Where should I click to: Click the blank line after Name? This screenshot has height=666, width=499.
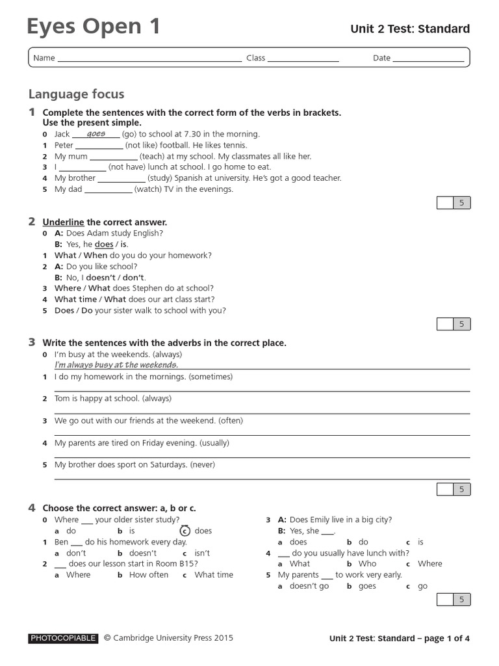149,59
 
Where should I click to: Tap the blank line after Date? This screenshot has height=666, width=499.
428,59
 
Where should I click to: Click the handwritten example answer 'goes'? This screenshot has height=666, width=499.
96,133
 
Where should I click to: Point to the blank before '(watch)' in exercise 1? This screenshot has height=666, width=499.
108,191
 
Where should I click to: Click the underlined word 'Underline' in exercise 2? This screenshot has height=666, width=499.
63,222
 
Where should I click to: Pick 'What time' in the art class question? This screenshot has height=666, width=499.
75,299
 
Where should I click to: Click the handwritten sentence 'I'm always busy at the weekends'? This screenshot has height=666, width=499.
116,365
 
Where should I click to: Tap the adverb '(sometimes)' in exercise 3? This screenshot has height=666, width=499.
209,377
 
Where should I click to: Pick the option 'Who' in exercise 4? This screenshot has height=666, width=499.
367,564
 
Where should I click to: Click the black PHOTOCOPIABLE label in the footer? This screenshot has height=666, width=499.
63,639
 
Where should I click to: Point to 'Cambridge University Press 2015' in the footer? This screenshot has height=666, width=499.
173,639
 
